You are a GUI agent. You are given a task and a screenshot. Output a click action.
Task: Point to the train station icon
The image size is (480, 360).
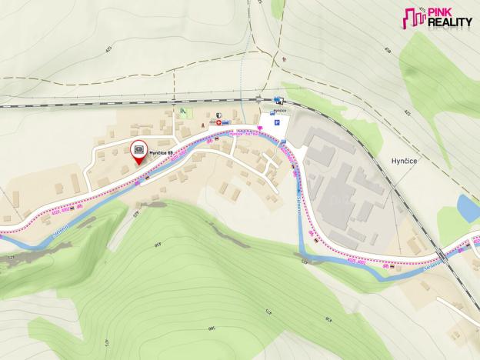pos(278,100)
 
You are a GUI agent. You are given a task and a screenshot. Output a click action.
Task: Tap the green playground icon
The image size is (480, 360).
pos(182,112)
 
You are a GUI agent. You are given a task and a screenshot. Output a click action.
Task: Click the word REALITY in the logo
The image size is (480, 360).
pos(449,23)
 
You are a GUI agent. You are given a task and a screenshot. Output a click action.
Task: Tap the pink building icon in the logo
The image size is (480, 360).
pos(415,18)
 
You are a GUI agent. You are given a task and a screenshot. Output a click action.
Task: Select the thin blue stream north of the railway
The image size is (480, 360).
pos(245,69)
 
